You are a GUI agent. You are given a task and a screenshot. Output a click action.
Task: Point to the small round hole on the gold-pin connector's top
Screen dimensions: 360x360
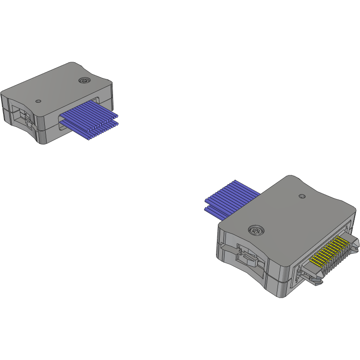pos(302,196)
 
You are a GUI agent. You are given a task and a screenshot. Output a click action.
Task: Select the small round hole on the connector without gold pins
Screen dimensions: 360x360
pos(38,101)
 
